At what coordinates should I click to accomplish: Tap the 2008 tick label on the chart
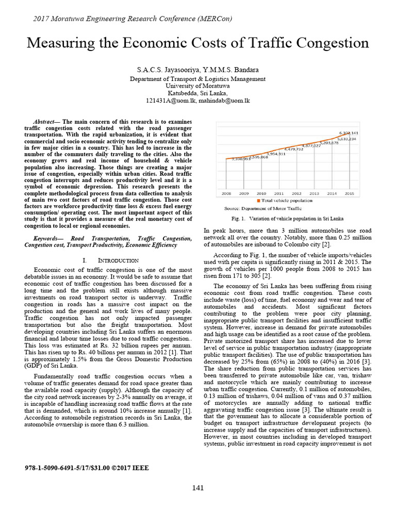point(226,193)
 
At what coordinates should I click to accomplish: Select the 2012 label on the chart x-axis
point(296,193)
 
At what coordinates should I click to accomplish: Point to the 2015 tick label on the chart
point(350,193)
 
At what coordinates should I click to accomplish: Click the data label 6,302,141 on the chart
point(348,133)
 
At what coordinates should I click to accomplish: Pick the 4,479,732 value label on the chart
point(293,149)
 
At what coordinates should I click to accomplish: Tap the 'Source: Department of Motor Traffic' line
point(262,208)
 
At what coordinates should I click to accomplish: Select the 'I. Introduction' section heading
point(110,260)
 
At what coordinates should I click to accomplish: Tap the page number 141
point(198,488)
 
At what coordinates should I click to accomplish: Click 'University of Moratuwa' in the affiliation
point(198,86)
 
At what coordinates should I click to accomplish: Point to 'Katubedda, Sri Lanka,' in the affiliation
point(198,93)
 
